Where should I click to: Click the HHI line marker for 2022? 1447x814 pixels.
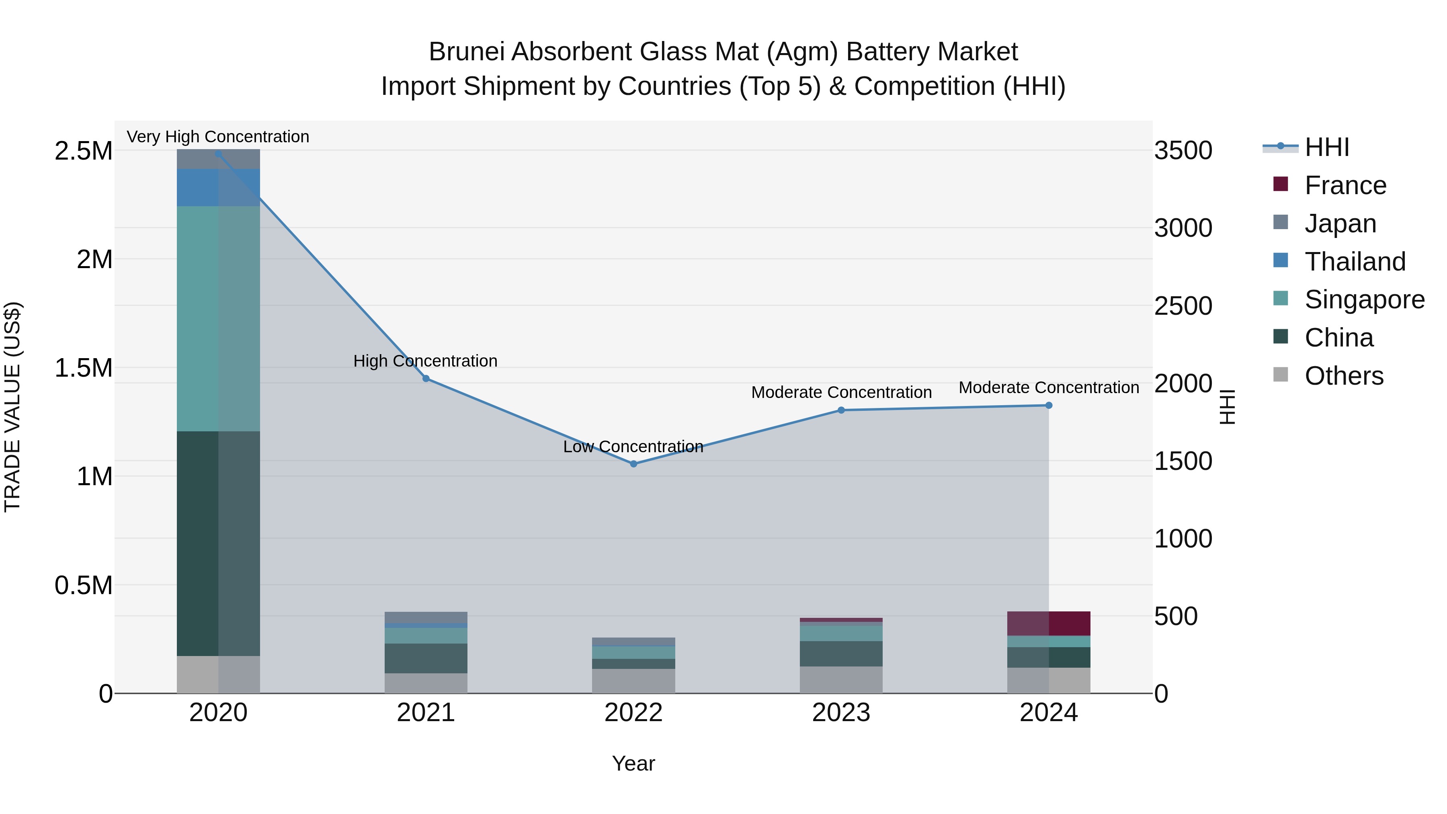(633, 464)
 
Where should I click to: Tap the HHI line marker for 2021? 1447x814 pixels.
(426, 379)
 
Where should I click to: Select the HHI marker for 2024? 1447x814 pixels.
(1048, 406)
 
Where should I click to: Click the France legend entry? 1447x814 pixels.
(1345, 185)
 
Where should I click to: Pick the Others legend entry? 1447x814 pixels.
(1344, 376)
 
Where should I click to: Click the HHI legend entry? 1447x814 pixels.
(1326, 147)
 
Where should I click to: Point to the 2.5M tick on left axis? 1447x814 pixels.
(83, 151)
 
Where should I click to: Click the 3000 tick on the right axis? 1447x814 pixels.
(1183, 228)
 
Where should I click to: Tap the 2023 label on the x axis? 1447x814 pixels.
(841, 713)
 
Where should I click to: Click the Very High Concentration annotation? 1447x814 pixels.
(218, 137)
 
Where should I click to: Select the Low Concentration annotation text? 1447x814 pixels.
(633, 447)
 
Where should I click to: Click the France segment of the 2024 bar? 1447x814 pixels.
(1048, 623)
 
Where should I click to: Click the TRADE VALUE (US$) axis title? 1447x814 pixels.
(12, 407)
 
